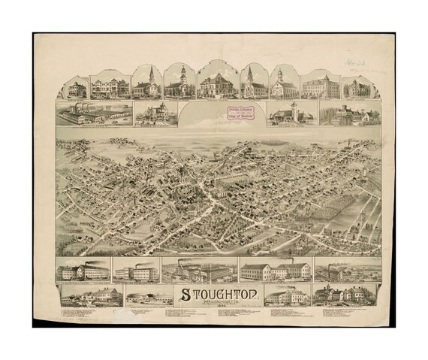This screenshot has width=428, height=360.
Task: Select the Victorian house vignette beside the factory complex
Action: point(156,115)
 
